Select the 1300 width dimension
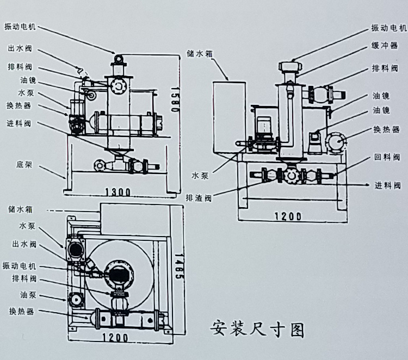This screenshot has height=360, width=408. point(118,191)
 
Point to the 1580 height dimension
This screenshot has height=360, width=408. point(175,98)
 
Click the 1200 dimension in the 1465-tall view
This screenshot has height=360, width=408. point(114,337)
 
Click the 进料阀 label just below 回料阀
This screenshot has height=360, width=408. point(387,185)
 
